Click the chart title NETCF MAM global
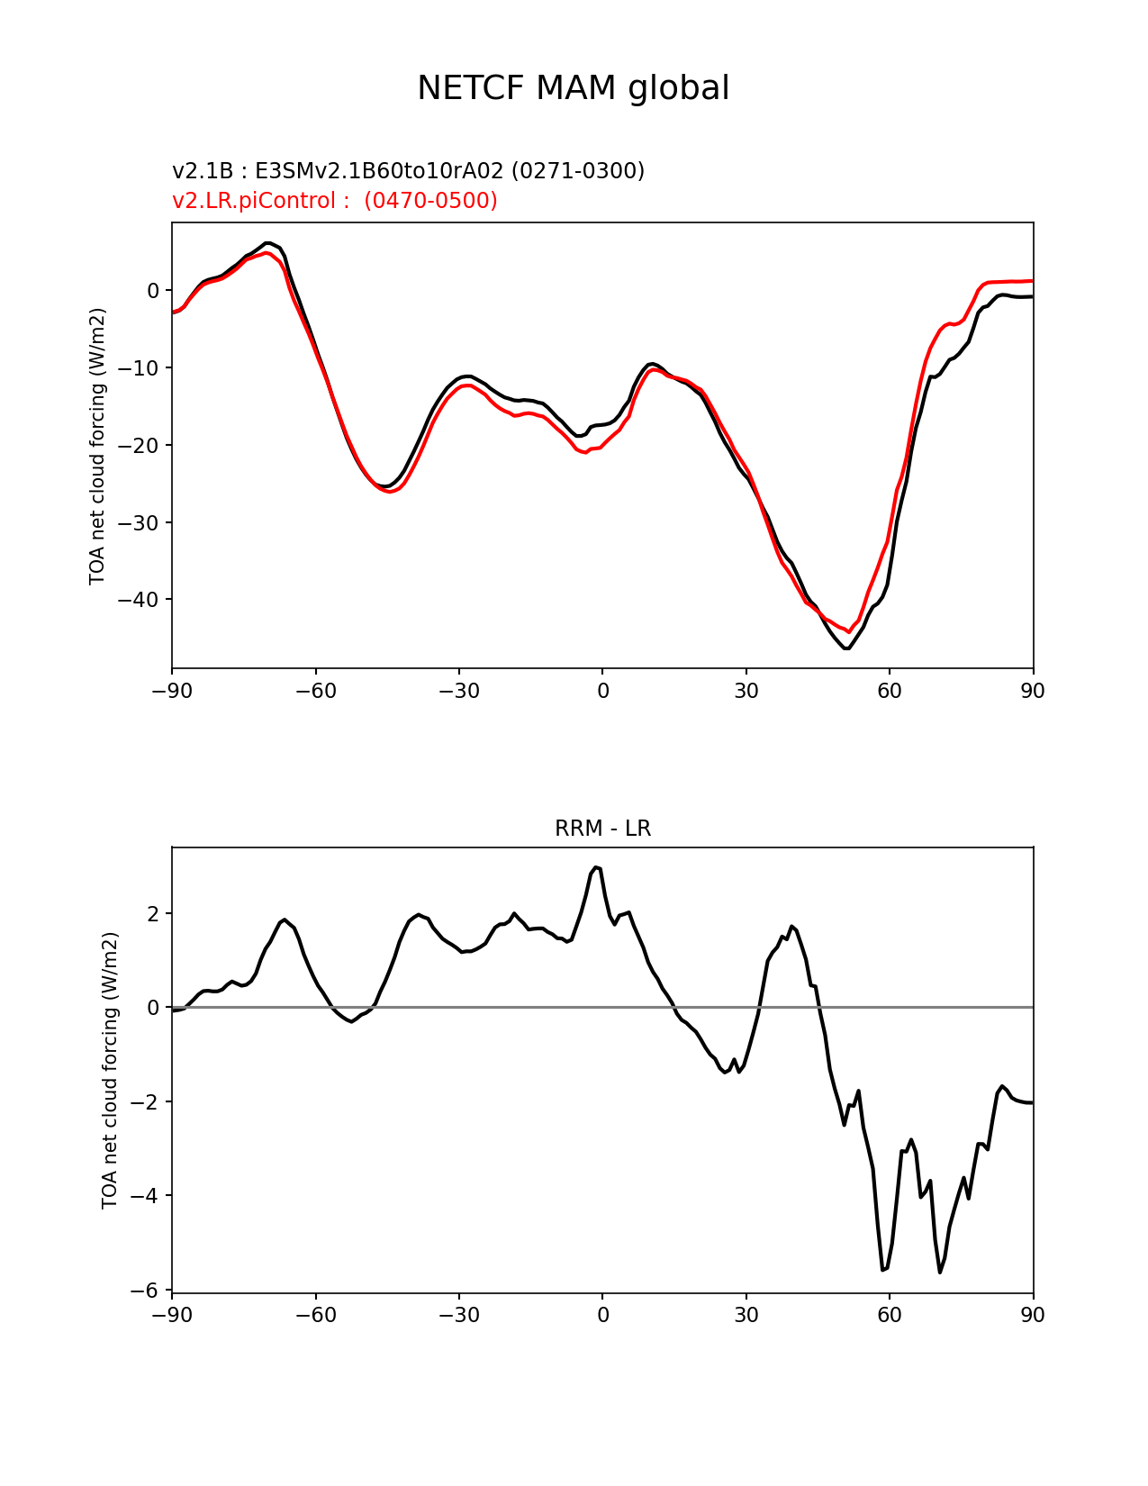point(573,88)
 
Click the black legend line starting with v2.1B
point(408,170)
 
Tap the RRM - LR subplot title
point(602,829)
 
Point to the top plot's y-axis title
point(98,446)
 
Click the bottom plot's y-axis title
point(110,1070)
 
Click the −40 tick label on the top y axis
point(138,600)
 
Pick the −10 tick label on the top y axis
point(138,368)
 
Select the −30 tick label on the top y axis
point(138,523)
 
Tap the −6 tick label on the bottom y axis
point(144,1291)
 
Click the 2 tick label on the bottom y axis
point(153,914)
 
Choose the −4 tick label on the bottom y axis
point(144,1196)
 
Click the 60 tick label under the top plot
point(889,691)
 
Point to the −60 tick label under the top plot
point(315,691)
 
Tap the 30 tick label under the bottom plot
point(746,1315)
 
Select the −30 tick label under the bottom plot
point(459,1315)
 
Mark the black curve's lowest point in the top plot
point(846,648)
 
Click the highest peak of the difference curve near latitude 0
point(596,867)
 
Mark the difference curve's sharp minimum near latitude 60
point(882,1271)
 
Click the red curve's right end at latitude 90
point(1033,281)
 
